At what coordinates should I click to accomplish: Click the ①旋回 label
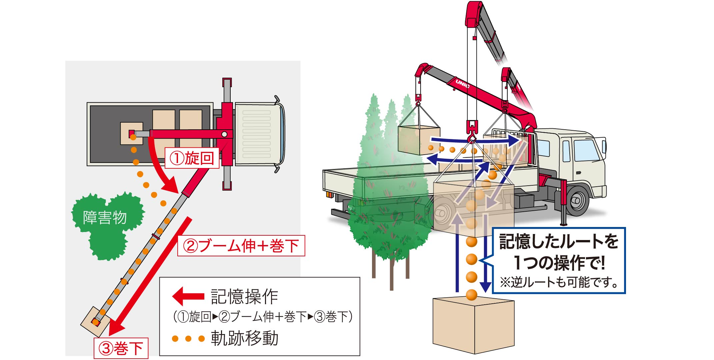tap(192, 158)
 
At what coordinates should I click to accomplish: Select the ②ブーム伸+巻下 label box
tap(241, 246)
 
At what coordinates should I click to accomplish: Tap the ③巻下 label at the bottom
tap(121, 349)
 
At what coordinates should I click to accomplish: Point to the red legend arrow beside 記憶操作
tap(188, 296)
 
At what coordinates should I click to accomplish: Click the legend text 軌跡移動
tap(244, 339)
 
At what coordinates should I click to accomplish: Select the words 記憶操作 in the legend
tap(244, 297)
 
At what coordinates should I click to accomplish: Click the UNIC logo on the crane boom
tap(462, 84)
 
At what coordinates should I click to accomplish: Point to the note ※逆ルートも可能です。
tap(559, 282)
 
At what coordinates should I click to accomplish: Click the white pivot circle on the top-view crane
tap(224, 134)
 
